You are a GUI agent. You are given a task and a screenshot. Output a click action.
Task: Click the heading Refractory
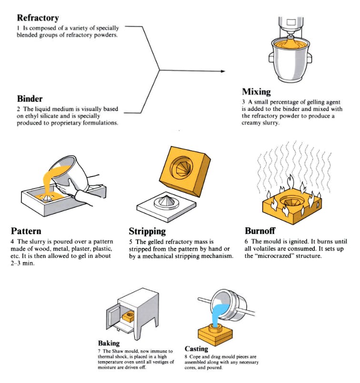pos(38,18)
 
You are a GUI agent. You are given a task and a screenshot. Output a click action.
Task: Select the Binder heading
pos(30,99)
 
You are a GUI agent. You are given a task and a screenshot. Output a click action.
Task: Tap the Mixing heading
pos(256,91)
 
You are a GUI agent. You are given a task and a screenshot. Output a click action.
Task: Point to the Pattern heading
pos(26,232)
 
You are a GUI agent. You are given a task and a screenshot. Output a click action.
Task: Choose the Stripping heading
pos(147,232)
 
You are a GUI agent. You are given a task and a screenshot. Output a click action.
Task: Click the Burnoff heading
pos(260,231)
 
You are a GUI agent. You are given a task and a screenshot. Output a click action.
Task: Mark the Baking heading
pos(109,343)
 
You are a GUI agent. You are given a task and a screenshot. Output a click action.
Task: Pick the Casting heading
pos(196,349)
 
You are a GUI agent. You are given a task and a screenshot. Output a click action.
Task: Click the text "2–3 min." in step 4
pos(23,264)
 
